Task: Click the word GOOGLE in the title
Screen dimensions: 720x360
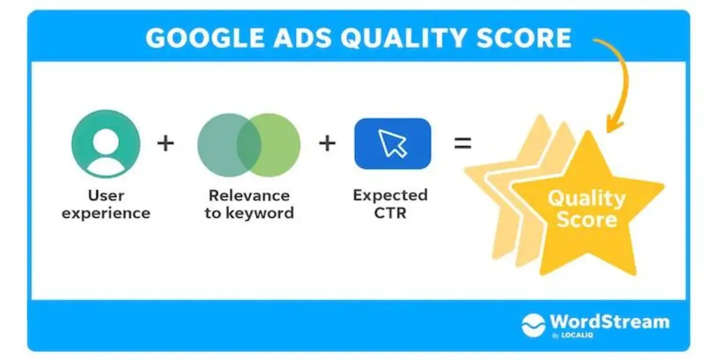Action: tap(205, 38)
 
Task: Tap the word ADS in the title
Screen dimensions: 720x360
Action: tap(302, 38)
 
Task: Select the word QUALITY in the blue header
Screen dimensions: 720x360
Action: tap(403, 38)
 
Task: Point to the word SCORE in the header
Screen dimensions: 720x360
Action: tap(523, 38)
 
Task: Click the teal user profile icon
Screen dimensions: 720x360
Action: tap(106, 143)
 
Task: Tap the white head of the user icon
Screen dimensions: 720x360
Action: tap(106, 141)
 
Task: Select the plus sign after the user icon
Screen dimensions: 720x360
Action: tap(166, 143)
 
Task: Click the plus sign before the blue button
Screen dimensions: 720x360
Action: tap(327, 143)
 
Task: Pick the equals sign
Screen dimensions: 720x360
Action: tap(463, 143)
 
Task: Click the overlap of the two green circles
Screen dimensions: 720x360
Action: tap(249, 145)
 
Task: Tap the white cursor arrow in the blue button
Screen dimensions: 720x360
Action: tap(392, 143)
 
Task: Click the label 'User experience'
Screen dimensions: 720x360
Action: tap(106, 205)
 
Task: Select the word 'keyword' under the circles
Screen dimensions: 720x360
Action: tap(259, 213)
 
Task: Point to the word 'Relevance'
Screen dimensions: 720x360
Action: tap(249, 195)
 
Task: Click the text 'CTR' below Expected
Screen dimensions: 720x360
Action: tap(390, 213)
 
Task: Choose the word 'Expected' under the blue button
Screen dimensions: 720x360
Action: tap(390, 195)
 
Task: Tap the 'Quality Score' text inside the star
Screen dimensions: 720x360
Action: tap(587, 209)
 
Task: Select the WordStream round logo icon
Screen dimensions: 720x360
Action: tap(534, 325)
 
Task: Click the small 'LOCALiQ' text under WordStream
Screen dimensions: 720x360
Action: tap(577, 335)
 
